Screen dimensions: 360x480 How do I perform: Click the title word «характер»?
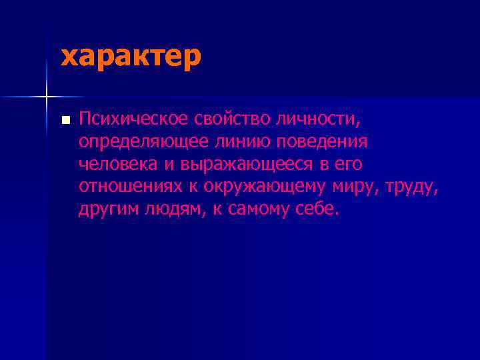click(x=131, y=57)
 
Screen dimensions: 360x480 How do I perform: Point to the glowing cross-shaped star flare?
click(x=47, y=97)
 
